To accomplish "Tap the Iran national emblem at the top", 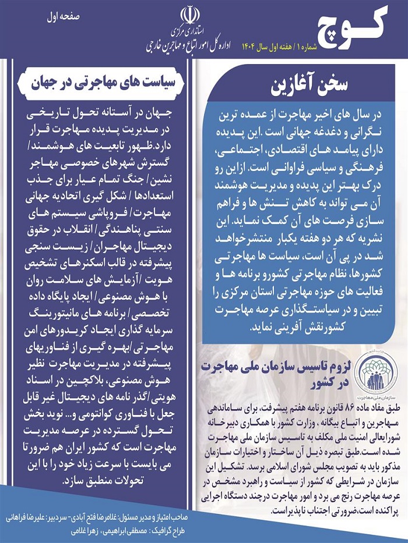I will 188,14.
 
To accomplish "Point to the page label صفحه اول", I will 62,16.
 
